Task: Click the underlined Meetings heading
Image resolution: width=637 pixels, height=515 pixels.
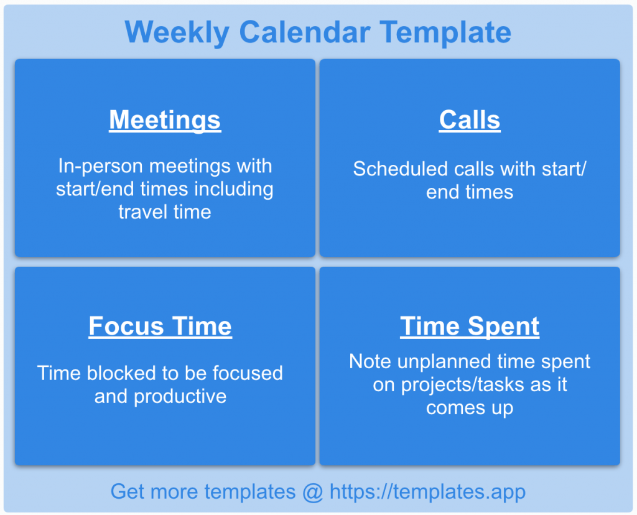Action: pos(165,119)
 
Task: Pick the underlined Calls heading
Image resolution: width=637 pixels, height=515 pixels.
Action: pos(470,119)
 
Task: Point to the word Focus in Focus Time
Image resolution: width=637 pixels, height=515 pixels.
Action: pos(126,326)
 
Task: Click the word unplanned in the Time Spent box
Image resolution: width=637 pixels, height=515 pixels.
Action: pos(444,361)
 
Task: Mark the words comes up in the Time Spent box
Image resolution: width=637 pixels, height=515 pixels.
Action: pos(470,408)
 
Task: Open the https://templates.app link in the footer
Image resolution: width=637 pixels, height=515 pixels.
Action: pos(427,492)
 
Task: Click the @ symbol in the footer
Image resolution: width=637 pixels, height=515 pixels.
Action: pos(313,492)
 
